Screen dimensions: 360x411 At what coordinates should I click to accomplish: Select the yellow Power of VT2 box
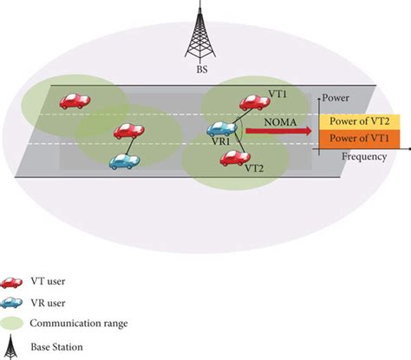(359, 121)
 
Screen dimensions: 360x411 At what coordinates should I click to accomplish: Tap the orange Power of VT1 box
(359, 139)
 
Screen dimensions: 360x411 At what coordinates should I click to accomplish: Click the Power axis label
(336, 97)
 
